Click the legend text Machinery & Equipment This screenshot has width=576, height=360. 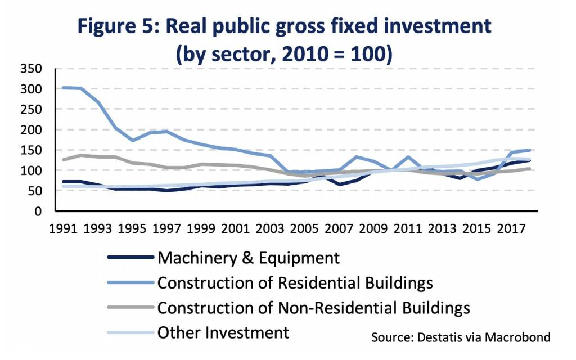tap(249, 258)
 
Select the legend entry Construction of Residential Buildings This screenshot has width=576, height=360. tap(295, 282)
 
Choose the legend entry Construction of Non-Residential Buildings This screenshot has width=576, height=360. tap(313, 308)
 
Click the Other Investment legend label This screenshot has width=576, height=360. tap(223, 332)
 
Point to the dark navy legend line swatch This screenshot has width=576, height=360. tap(130, 258)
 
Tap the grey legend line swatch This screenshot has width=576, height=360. tap(130, 308)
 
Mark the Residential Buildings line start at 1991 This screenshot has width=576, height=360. tap(63, 87)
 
